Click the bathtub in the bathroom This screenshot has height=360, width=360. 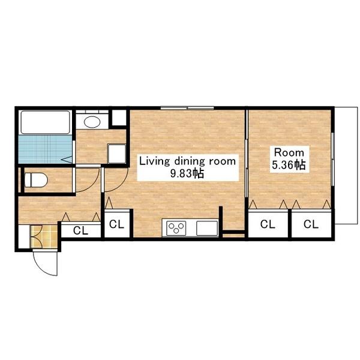(45, 122)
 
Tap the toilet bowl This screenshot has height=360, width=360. (36, 180)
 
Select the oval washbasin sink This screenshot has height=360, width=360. (92, 121)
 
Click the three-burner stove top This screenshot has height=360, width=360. (176, 228)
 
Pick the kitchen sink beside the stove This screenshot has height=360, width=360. (207, 228)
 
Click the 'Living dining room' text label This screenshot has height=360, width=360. (188, 161)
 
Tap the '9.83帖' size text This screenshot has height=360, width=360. (187, 173)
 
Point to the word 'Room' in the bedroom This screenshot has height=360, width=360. (289, 152)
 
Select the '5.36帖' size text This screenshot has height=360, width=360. (289, 165)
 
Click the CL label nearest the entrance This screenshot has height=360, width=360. (80, 230)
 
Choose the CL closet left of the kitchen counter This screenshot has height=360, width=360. (116, 224)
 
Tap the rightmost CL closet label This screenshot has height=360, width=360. (311, 224)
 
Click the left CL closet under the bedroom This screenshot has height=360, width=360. (268, 224)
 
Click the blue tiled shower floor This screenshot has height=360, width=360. (45, 149)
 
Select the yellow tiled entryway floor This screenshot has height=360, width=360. (44, 236)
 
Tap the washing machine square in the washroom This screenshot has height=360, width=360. (116, 154)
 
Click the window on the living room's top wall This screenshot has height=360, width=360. (187, 108)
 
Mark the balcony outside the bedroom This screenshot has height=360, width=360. (346, 166)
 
